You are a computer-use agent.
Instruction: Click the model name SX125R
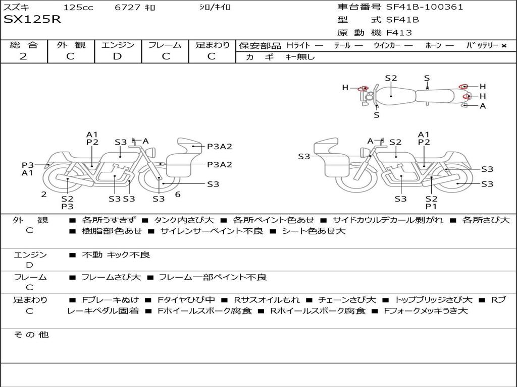(x=32, y=20)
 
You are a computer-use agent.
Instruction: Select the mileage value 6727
(x=128, y=8)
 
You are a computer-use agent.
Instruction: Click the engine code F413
(x=399, y=33)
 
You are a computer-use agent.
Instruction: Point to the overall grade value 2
(x=23, y=56)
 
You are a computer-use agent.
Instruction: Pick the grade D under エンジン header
(x=118, y=56)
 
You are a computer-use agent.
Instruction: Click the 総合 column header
(x=24, y=45)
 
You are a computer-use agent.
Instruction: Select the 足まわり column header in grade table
(x=213, y=45)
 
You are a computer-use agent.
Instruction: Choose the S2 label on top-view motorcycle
(x=391, y=78)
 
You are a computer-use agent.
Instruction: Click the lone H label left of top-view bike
(x=345, y=87)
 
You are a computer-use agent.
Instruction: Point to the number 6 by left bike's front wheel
(x=178, y=194)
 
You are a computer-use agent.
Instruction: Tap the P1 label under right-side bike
(x=431, y=206)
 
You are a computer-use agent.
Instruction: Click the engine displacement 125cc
(x=75, y=8)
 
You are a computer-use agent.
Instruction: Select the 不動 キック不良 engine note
(x=116, y=255)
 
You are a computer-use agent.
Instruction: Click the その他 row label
(x=31, y=335)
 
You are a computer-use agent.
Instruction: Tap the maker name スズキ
(x=16, y=8)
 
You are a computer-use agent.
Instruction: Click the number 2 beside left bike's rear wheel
(x=44, y=194)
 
